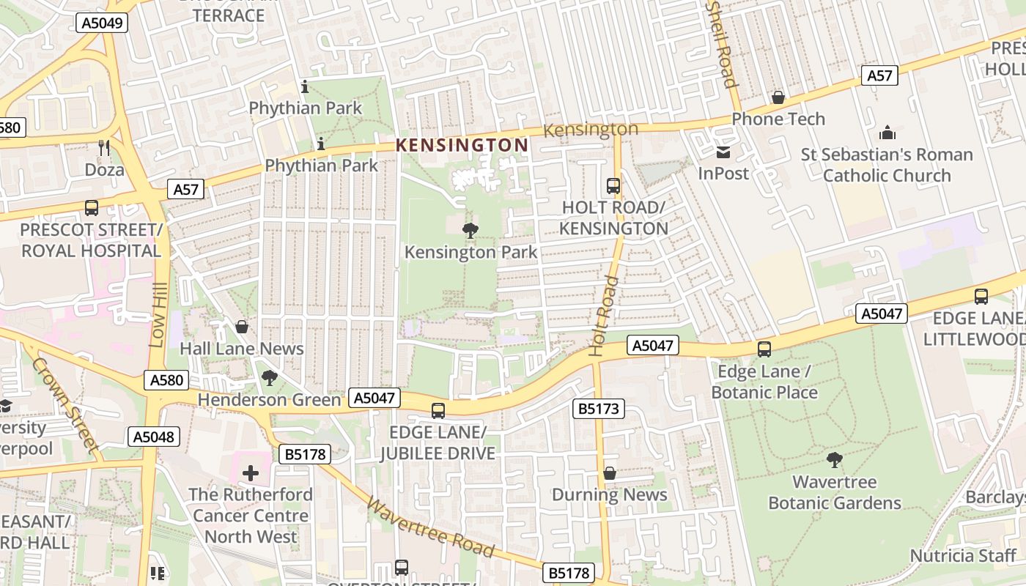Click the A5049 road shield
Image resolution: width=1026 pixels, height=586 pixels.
point(102,23)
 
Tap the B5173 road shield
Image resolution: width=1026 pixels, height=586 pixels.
point(598,409)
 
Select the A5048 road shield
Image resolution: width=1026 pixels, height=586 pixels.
point(153,437)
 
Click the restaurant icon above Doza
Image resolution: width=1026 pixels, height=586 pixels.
point(103,148)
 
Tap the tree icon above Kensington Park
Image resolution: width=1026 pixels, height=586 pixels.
point(470,231)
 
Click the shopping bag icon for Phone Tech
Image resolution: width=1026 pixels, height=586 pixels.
point(778,97)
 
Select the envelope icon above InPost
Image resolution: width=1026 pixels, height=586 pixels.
point(723,152)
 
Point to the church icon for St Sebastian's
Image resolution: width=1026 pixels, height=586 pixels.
point(887,133)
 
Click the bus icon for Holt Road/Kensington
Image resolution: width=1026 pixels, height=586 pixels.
point(613,186)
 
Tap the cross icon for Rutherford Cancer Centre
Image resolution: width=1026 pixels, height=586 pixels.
point(251,472)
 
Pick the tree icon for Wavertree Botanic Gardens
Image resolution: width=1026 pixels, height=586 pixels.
point(834,460)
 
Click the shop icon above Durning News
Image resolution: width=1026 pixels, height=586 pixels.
point(609,474)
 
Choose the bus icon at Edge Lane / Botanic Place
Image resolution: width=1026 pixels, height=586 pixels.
point(764,349)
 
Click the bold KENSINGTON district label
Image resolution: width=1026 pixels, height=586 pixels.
point(462,145)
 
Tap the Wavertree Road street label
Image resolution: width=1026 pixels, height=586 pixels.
point(430,527)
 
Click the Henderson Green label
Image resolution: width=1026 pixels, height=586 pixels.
point(270,400)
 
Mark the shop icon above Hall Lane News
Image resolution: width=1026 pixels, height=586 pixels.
point(241,327)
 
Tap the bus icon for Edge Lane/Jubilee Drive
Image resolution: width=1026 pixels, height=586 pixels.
point(438,410)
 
